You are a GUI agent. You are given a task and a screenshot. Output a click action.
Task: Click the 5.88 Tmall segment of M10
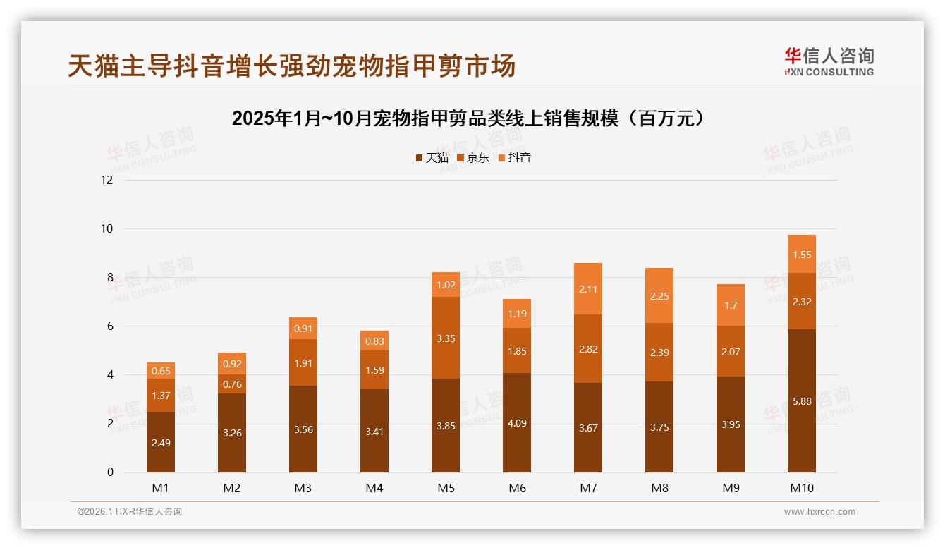click(x=801, y=401)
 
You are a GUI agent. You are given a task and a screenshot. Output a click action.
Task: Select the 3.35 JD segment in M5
click(x=446, y=338)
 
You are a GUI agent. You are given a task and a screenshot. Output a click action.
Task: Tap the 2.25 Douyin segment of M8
click(x=659, y=295)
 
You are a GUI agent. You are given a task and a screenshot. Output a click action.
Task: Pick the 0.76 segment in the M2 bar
click(x=232, y=384)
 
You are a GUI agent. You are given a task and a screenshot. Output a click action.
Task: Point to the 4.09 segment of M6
click(x=517, y=422)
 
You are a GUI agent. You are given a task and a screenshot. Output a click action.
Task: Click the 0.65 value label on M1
click(x=161, y=370)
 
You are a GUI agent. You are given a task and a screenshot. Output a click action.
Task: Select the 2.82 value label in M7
click(x=588, y=348)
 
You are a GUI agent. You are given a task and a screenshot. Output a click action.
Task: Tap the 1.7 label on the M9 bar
click(x=731, y=305)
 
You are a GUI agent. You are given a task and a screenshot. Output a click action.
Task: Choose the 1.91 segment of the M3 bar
click(x=303, y=362)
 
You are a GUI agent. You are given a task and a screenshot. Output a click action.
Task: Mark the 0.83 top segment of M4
click(x=374, y=341)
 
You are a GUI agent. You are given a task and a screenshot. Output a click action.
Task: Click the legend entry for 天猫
click(x=432, y=158)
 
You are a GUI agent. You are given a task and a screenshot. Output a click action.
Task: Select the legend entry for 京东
click(x=473, y=158)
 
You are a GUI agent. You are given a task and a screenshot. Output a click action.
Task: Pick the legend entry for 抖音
click(x=515, y=158)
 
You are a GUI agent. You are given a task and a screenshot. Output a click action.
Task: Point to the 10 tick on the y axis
click(x=106, y=228)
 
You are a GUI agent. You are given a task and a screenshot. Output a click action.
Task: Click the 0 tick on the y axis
click(x=110, y=472)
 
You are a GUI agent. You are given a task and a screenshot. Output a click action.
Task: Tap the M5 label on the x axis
click(x=446, y=488)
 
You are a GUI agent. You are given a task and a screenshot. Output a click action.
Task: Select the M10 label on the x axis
click(x=801, y=488)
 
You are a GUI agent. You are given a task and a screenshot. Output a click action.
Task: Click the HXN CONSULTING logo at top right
click(x=829, y=62)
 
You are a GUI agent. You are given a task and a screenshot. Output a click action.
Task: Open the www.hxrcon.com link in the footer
click(x=819, y=512)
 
